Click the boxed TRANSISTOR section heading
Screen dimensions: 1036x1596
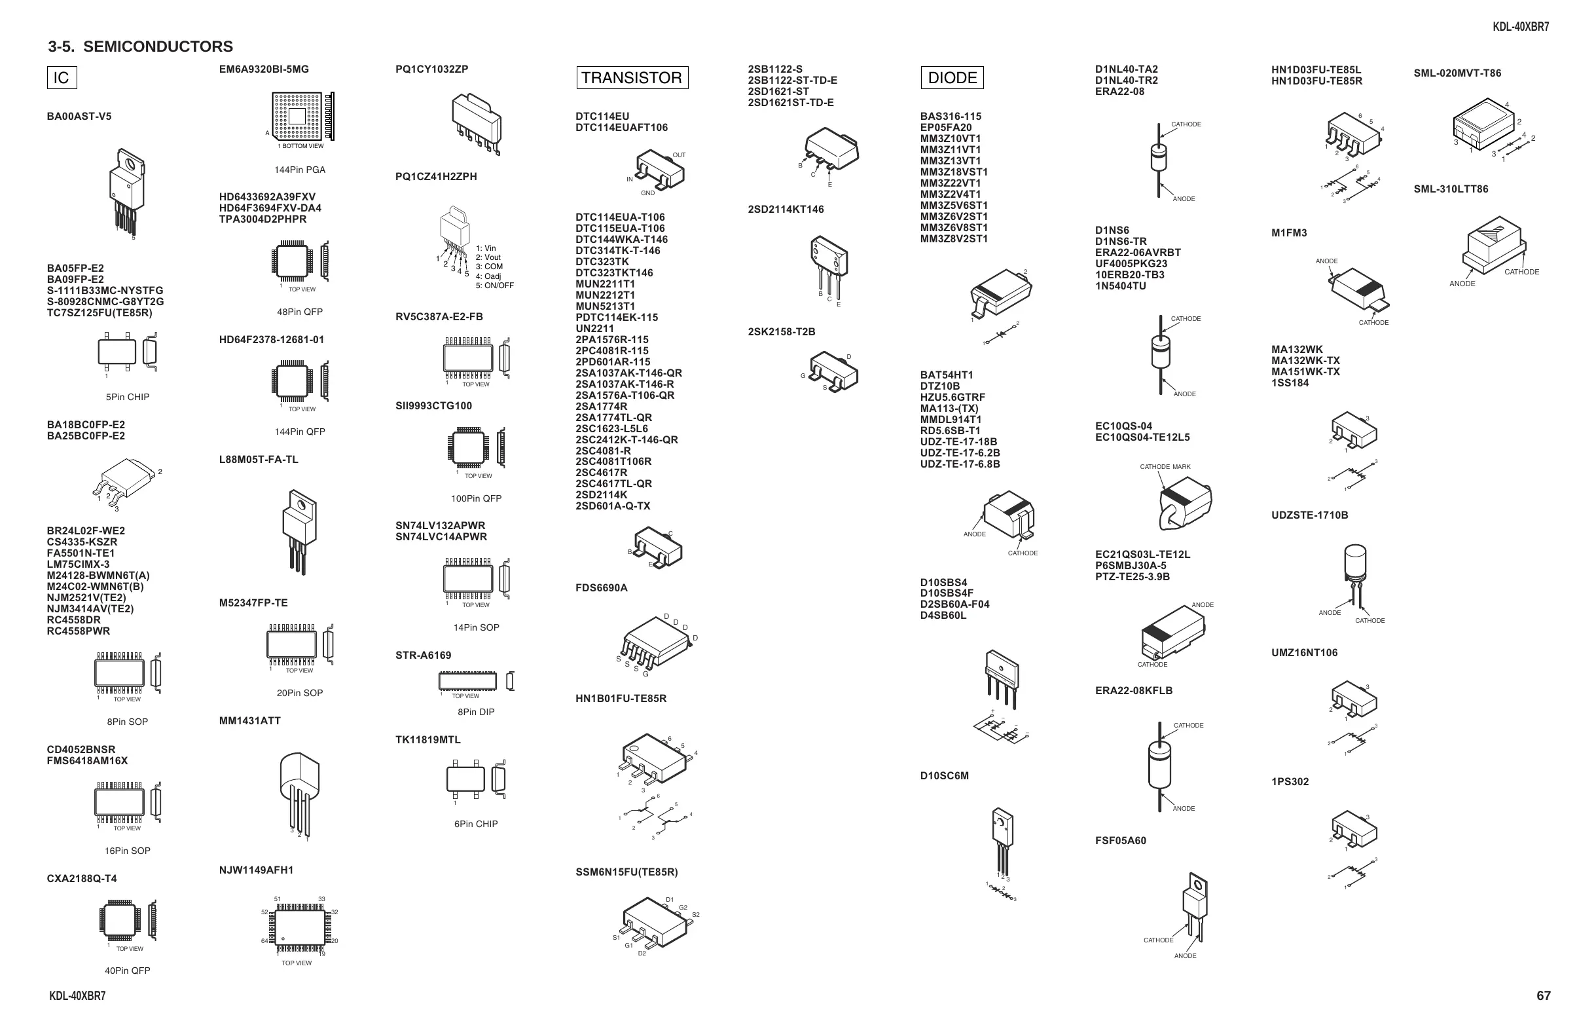pos(632,78)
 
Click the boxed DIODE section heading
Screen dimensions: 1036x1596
pos(952,78)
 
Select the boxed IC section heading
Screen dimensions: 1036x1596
pos(61,78)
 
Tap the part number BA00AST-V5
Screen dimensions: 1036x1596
pos(79,117)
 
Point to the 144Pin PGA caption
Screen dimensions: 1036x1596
pos(300,170)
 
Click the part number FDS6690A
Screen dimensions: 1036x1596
pos(602,589)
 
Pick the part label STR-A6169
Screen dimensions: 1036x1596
pos(423,656)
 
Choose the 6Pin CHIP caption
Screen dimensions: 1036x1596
pos(475,824)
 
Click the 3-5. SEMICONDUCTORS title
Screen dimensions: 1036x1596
pos(141,47)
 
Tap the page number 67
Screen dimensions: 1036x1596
pos(1543,996)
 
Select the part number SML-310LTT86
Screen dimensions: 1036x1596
pos(1451,189)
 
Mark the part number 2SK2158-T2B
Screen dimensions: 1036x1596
pos(781,332)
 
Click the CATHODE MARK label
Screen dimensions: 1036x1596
pos(1165,467)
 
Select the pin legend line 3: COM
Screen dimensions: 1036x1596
pos(489,267)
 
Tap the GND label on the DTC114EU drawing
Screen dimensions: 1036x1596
pos(647,193)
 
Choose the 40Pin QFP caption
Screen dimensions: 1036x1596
pos(128,971)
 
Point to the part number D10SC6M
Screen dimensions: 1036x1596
pos(944,776)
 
